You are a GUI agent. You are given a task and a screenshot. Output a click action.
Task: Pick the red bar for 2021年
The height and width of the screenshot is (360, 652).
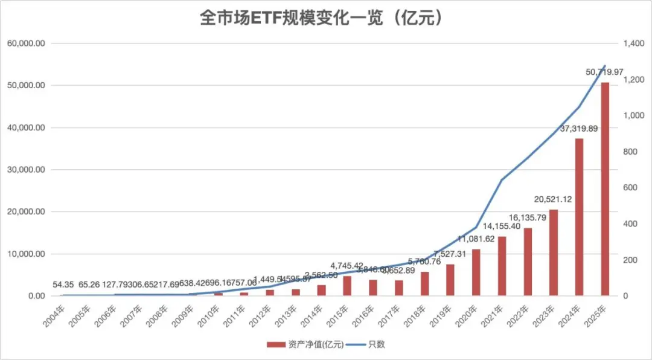tap(502, 266)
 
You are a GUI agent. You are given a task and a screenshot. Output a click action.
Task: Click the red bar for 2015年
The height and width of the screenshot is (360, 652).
tap(347, 286)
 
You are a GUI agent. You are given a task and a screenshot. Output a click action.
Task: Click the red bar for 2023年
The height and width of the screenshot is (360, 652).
tap(554, 252)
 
